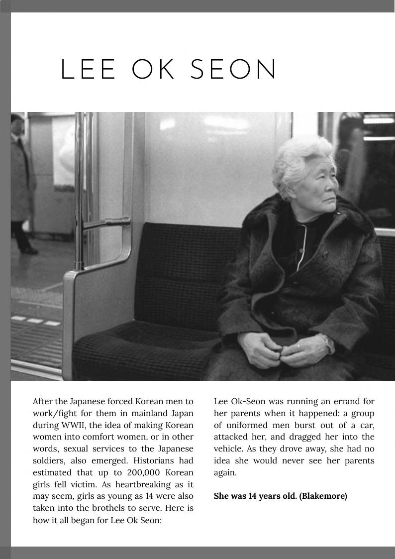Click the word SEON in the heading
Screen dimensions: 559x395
[x=234, y=70]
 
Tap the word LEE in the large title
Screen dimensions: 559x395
[x=89, y=70]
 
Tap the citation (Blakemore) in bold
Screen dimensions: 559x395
[x=323, y=496]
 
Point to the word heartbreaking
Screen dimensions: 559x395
[x=136, y=484]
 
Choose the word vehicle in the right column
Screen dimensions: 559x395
[x=228, y=449]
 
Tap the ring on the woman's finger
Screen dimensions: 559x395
[x=298, y=345]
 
